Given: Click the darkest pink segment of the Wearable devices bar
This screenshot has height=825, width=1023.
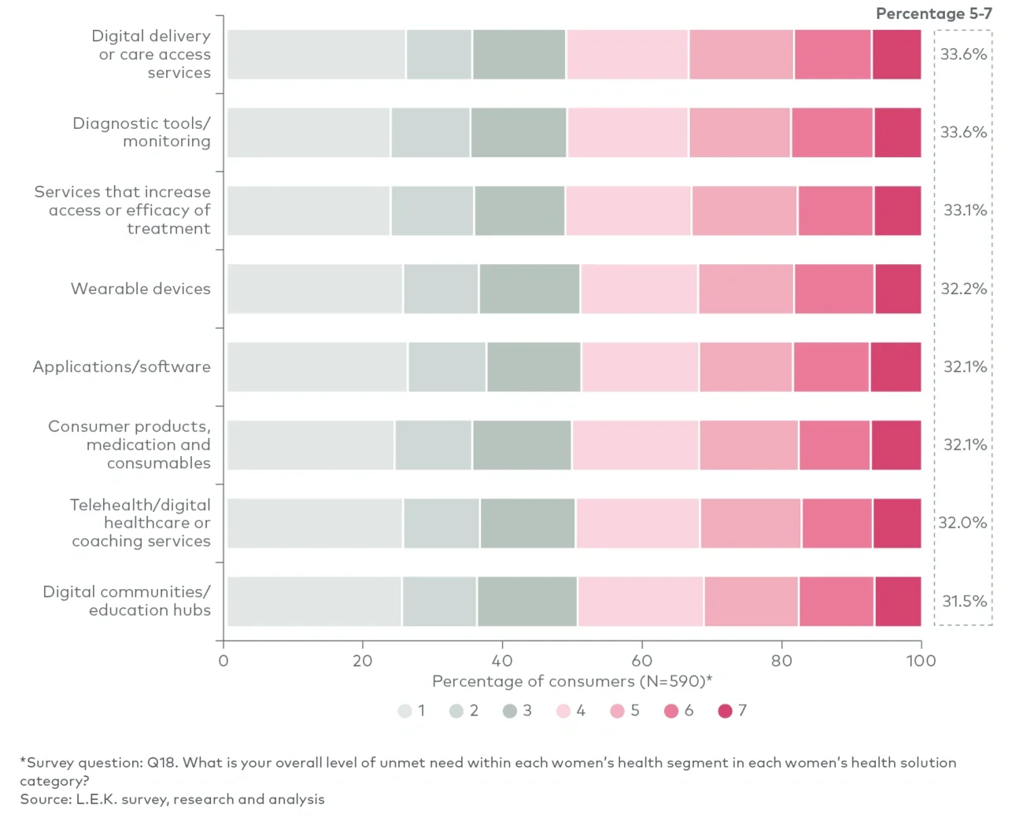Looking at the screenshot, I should (x=898, y=289).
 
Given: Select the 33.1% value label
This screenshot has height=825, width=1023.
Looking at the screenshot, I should (x=965, y=210).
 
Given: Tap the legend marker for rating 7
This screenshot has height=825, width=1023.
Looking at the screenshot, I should (x=726, y=711).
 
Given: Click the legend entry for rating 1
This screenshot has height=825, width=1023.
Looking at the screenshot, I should (x=412, y=711).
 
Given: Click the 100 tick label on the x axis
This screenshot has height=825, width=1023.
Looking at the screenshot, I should (x=921, y=661).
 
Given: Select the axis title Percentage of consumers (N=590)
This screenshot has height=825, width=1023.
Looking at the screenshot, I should (x=571, y=681).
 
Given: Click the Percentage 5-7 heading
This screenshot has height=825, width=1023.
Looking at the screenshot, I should (x=933, y=13).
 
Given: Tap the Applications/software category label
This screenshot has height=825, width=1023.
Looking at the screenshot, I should (x=122, y=366).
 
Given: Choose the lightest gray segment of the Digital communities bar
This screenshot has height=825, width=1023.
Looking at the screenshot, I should (x=314, y=602).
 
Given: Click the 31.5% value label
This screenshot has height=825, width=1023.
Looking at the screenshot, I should (x=964, y=602).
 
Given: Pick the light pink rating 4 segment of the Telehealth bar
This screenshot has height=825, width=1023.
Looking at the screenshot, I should (x=637, y=523).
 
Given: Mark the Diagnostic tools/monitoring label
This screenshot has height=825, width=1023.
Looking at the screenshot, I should (x=142, y=132).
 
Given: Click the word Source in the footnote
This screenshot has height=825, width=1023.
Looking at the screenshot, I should (x=45, y=799).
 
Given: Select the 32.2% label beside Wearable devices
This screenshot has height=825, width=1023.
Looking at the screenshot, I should (x=964, y=289).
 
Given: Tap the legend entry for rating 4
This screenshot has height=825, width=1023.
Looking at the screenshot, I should (x=571, y=711).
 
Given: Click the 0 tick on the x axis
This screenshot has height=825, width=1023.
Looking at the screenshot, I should (x=223, y=661).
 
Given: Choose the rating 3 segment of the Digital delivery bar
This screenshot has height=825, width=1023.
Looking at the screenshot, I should (x=519, y=54).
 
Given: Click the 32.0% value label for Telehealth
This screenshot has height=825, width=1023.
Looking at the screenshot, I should (x=962, y=523).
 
